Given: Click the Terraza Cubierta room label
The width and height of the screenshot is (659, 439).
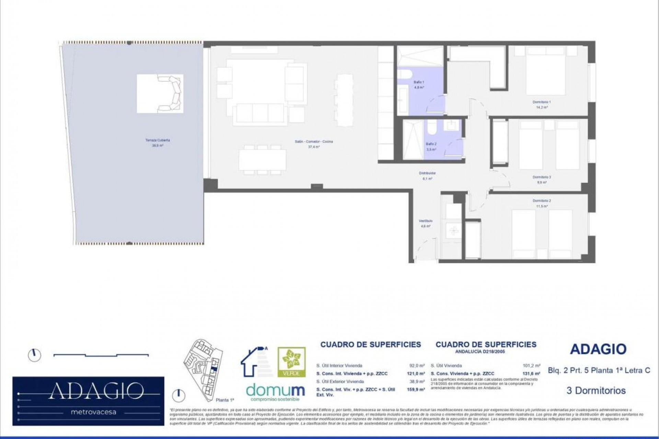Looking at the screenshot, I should [157, 140].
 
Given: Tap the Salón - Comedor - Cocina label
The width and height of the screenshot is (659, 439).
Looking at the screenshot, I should [314, 142].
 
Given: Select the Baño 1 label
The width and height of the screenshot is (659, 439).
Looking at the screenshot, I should [419, 82].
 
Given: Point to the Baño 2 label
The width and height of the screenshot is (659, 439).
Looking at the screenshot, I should [431, 144].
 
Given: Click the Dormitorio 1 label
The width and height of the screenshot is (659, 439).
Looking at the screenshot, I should [542, 102].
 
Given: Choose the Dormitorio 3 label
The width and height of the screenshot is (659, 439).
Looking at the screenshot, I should [542, 177].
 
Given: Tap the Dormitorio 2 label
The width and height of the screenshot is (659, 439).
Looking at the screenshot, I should [542, 201].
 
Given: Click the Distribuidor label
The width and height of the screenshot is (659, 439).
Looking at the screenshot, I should [427, 174].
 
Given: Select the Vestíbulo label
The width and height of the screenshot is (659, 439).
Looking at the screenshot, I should [425, 221].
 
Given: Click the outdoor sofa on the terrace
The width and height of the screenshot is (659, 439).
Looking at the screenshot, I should [170, 93].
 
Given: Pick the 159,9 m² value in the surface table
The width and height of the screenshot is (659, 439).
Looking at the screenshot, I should [418, 390].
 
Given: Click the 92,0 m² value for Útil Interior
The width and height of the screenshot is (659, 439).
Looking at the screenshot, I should [418, 366].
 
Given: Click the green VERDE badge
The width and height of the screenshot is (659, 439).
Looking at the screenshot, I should [291, 362].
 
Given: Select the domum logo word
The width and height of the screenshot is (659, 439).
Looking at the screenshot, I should [275, 390].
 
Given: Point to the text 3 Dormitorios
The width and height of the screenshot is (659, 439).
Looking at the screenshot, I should [596, 391].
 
